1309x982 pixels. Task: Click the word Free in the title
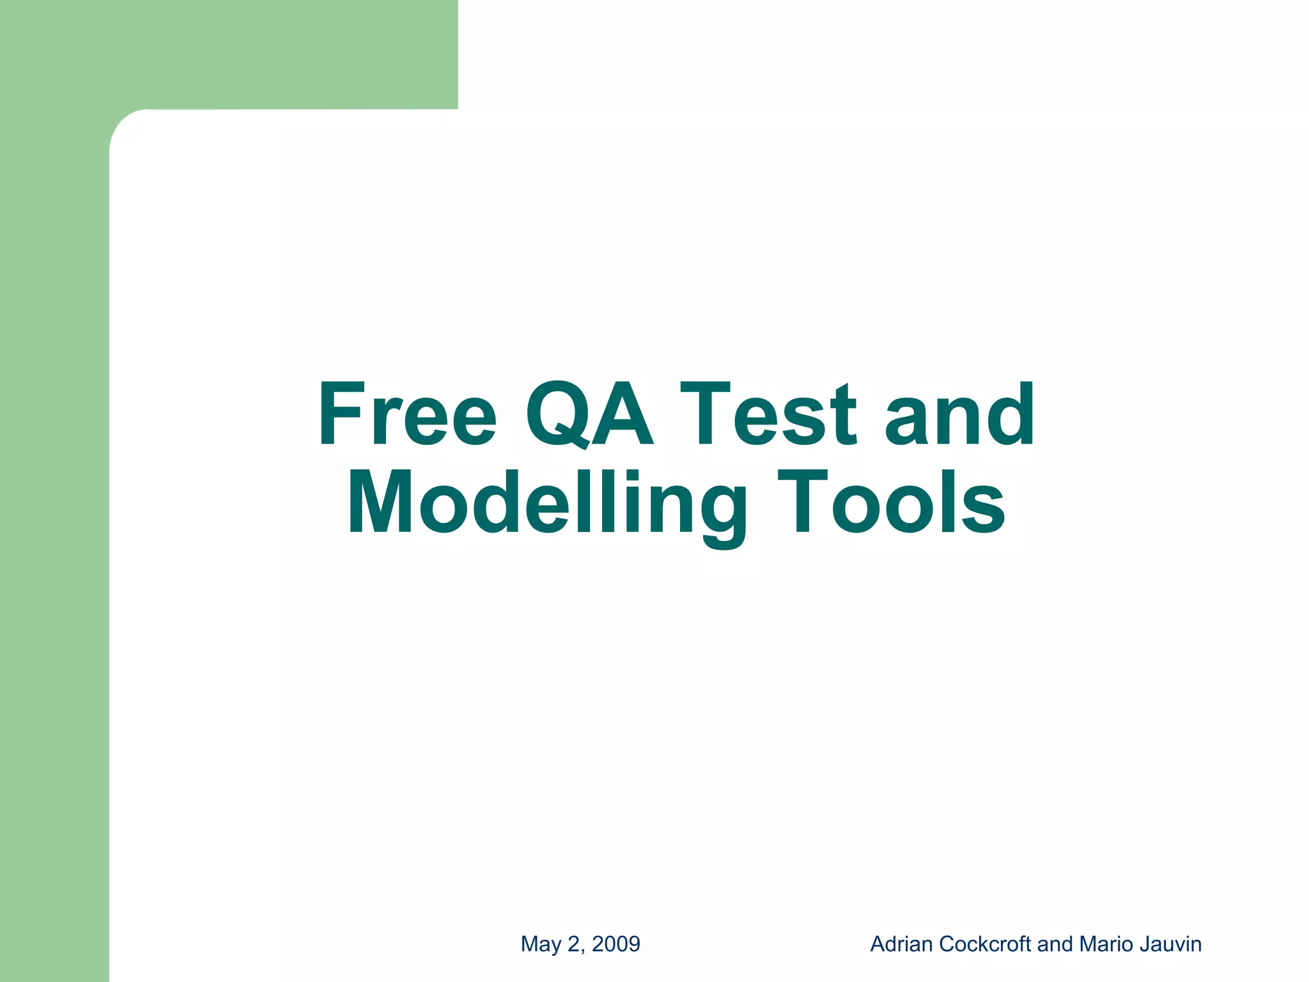[407, 414]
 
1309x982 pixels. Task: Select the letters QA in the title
[589, 414]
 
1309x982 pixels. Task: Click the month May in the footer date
[541, 944]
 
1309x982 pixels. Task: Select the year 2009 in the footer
[616, 944]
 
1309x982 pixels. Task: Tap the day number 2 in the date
[573, 944]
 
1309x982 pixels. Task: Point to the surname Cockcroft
[985, 944]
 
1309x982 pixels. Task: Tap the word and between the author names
[1055, 944]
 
